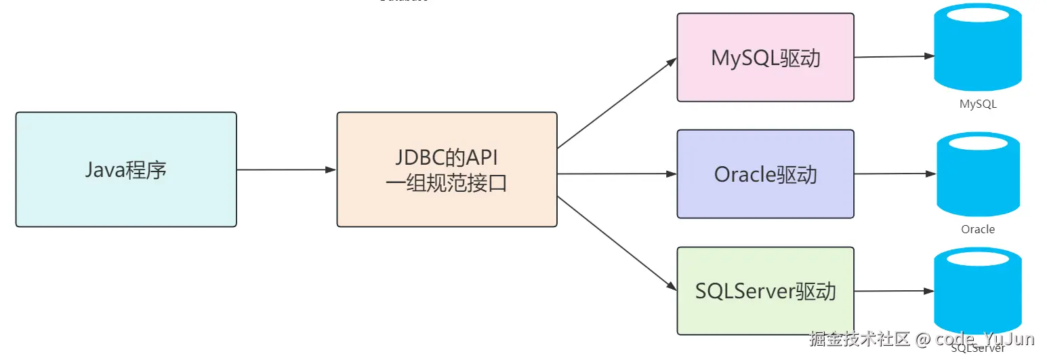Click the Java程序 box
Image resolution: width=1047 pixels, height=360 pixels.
coord(126,169)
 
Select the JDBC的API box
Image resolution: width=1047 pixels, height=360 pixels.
coord(447,169)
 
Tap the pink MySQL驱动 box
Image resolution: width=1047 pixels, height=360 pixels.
coord(765,58)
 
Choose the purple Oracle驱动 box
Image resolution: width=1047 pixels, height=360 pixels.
coord(765,174)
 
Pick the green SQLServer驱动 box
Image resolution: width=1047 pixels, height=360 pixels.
coord(765,291)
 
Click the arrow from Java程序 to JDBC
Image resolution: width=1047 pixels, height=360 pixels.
coord(286,169)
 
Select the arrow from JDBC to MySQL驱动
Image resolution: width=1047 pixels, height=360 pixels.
coord(617,103)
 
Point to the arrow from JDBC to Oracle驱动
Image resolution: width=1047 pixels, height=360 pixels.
coord(617,174)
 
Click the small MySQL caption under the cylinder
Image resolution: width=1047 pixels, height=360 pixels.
coord(978,104)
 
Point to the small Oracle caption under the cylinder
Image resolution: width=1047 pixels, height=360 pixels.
coord(978,229)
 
